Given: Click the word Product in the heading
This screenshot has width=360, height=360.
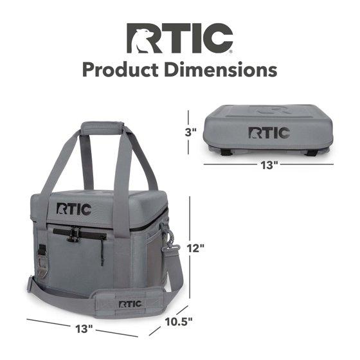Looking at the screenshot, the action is coord(120,70).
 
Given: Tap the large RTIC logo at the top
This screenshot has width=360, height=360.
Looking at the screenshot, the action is coord(180,38).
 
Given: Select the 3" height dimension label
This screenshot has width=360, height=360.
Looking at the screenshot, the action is coord(190,132).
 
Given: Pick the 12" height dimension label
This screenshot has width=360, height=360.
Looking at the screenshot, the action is coord(195,248).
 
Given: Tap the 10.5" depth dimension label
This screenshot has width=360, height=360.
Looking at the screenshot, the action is coord(179,321).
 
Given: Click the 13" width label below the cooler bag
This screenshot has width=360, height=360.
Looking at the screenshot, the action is coord(84,329).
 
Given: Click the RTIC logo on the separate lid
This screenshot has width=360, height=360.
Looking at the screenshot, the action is coord(269,132).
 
